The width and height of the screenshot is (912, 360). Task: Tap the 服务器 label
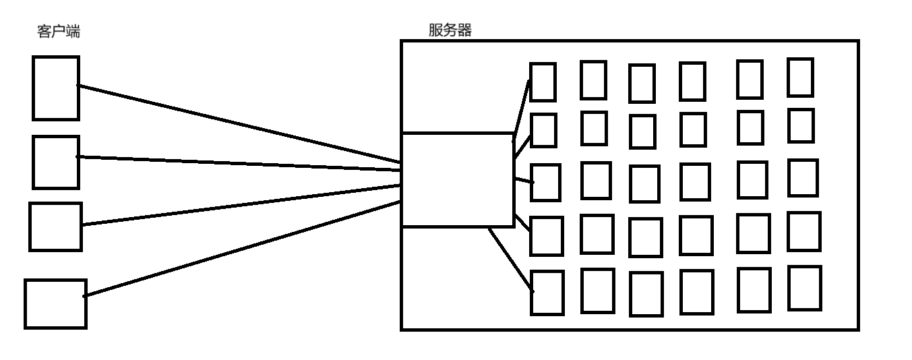coord(450,30)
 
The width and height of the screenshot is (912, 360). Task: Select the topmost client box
coord(55,88)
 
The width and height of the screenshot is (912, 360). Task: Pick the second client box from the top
coord(55,162)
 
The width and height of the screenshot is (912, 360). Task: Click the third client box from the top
coord(55,227)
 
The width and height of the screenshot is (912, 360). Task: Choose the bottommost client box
coord(55,303)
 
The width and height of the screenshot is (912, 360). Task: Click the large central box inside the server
coord(458,180)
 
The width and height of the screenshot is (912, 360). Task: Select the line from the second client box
coord(236,163)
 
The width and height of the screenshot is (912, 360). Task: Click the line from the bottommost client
coord(236,250)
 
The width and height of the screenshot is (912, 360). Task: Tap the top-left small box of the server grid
coord(543,82)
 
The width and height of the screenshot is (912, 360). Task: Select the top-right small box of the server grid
coord(801,78)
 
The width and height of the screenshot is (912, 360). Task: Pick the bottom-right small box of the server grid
coord(805,288)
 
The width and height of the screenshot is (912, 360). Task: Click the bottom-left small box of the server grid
coord(547,293)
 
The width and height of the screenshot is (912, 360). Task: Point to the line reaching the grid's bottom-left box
coord(511,260)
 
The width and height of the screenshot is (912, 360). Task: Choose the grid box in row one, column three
coord(642,83)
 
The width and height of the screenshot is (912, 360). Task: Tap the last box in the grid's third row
coord(803,178)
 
